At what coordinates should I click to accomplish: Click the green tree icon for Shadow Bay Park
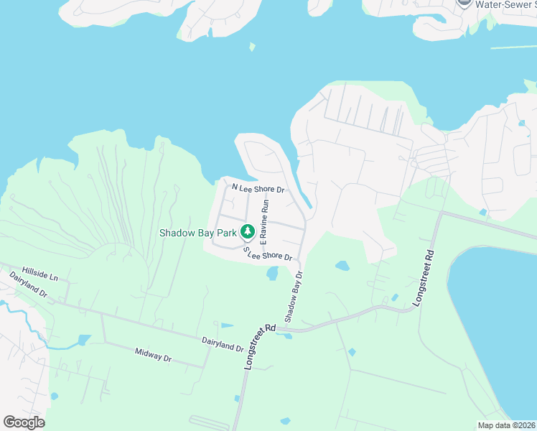pos(248,232)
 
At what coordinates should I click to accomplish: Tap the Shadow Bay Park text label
pos(198,233)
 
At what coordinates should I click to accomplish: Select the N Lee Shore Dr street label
pos(258,189)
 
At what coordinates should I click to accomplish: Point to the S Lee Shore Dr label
pos(268,254)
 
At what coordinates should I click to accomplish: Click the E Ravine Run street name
pos(263,221)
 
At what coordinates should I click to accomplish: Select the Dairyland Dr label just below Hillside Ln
pos(28,284)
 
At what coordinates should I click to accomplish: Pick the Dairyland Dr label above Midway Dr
pos(223,346)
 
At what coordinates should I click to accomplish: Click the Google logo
pos(24,422)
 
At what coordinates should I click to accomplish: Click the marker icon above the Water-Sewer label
pos(464,2)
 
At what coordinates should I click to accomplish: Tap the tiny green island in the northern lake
pos(252,47)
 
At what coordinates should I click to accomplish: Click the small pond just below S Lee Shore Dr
pos(272,274)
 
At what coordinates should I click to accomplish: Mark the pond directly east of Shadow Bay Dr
pos(342,266)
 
